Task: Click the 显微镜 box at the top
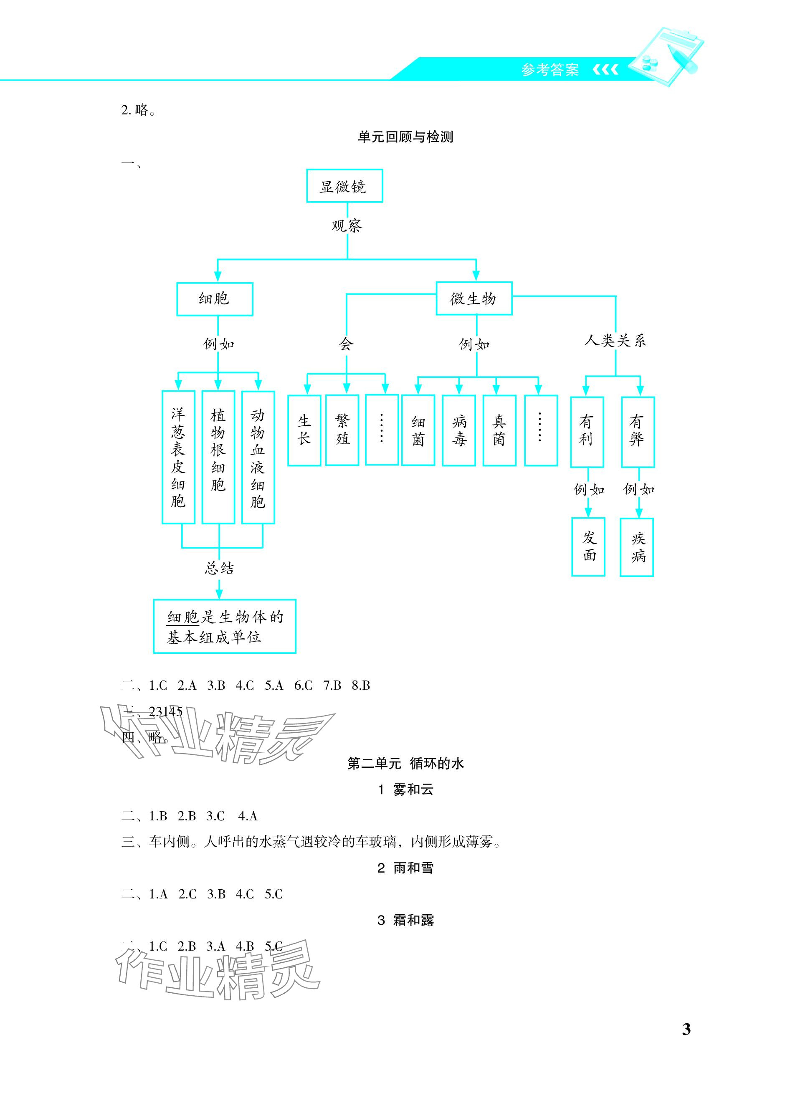[x=344, y=186]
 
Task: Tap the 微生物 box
[x=473, y=299]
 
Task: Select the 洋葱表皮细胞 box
[x=178, y=457]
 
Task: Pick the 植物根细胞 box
[x=218, y=457]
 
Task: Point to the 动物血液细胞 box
[x=258, y=457]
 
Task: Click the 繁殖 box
[x=342, y=430]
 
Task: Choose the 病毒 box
[x=459, y=430]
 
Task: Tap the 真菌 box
[x=499, y=430]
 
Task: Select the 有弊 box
[x=637, y=432]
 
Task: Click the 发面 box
[x=588, y=546]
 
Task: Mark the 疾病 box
[x=637, y=547]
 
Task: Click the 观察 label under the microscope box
[x=347, y=225]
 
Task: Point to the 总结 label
[x=219, y=569]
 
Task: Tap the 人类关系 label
[x=615, y=341]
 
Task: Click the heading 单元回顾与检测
[x=405, y=137]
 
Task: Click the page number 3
[x=686, y=1030]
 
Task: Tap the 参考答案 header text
[x=550, y=71]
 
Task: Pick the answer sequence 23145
[x=165, y=712]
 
